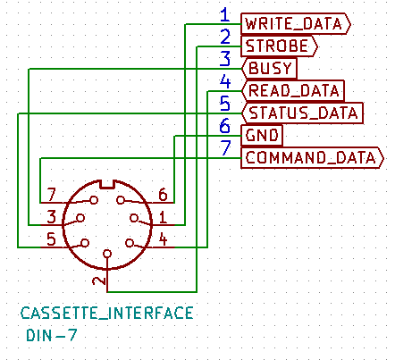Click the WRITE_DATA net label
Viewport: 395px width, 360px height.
coord(296,24)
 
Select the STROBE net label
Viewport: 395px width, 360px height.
coord(279,46)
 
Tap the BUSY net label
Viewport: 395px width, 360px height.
coord(269,69)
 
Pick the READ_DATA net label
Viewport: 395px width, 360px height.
coord(293,91)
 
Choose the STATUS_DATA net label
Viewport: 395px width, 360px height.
coord(302,113)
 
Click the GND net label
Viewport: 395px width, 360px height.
coord(262,136)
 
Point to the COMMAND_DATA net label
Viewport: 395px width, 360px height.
coord(312,158)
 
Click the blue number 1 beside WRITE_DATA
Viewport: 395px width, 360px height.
coord(225,15)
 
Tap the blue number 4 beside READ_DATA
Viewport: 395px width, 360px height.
coord(225,81)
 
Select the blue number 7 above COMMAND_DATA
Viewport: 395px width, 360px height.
coord(225,148)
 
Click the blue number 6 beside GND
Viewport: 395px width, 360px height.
coord(225,126)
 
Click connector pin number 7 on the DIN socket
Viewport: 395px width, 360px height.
coord(52,195)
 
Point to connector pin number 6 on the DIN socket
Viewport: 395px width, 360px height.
coord(163,195)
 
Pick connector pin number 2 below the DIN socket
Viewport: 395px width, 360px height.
coord(99,280)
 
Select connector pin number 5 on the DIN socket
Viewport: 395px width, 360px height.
coord(51,239)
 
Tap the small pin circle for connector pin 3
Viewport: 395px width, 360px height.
coord(80,218)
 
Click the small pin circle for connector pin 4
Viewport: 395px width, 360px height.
coord(130,243)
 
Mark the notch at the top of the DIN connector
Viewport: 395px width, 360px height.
coord(107,184)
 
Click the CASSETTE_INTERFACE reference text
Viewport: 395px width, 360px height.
coord(107,314)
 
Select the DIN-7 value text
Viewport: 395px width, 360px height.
coord(52,336)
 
